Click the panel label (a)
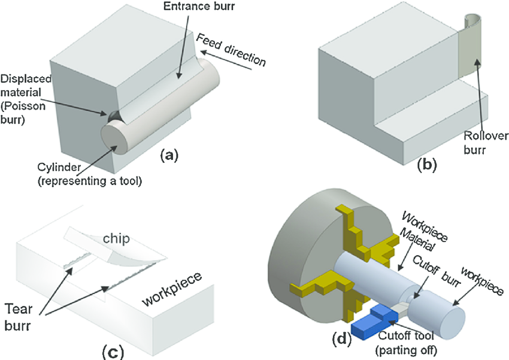(168, 156)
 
